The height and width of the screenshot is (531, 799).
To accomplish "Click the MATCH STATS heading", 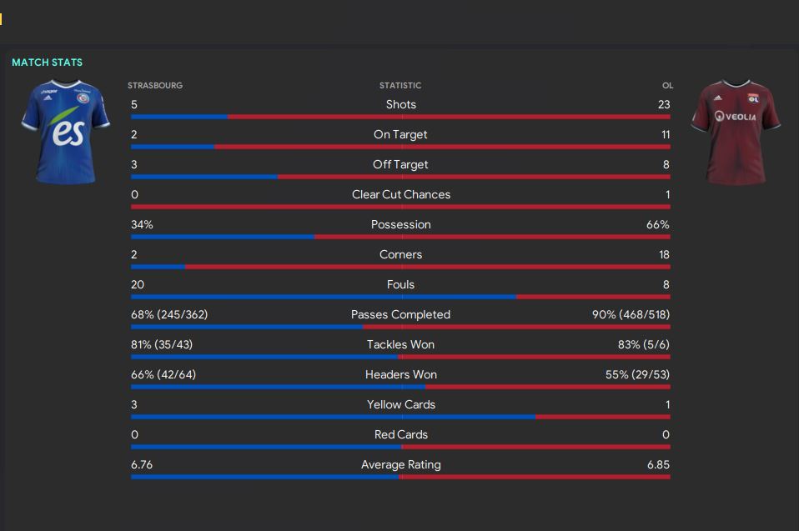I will click(47, 63).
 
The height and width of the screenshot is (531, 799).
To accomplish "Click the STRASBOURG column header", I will click(155, 85).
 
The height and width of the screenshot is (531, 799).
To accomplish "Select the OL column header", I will click(667, 85).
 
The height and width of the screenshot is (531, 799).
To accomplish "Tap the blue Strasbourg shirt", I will click(65, 132).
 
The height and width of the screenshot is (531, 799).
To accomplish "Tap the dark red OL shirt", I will click(736, 132).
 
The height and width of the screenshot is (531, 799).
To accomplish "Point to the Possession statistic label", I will click(400, 224).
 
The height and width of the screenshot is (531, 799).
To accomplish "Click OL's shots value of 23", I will click(663, 104).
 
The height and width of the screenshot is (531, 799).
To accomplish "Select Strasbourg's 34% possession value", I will click(142, 224).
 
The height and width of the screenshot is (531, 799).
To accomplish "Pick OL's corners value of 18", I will click(664, 254).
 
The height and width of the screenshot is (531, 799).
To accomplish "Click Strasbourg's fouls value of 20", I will click(138, 284).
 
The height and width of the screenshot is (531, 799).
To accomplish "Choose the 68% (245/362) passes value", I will click(169, 314).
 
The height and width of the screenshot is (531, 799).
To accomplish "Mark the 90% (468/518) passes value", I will click(631, 314).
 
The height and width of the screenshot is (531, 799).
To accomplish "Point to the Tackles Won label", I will click(400, 344).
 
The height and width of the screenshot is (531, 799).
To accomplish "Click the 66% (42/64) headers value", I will click(163, 374).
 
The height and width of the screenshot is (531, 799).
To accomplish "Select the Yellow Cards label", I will click(400, 404).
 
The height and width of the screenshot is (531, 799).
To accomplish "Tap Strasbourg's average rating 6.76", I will click(142, 464).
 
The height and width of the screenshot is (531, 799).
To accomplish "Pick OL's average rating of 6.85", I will click(658, 464).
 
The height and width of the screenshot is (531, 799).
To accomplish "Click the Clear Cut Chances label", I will click(400, 194).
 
